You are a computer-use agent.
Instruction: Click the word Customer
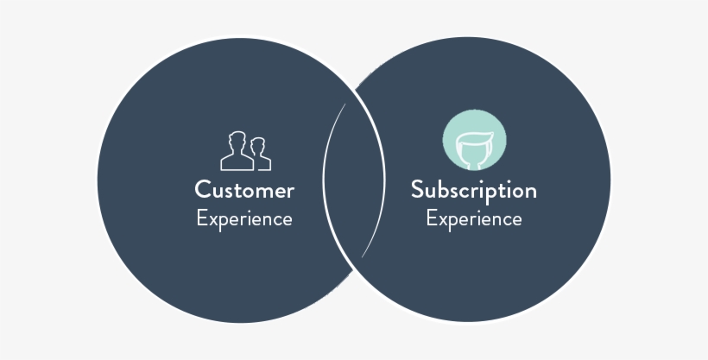click(244, 190)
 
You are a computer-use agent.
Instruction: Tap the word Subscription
click(473, 190)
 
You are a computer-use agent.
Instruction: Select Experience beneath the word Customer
click(244, 218)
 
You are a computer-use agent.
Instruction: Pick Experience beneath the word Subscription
click(473, 218)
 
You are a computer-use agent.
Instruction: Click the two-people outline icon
click(245, 151)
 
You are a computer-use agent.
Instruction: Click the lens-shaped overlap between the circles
click(353, 180)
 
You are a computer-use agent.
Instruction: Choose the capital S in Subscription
click(417, 190)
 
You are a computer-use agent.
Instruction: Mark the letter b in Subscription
click(445, 190)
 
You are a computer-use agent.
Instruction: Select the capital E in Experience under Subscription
click(432, 218)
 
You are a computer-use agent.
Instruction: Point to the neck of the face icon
click(474, 162)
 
